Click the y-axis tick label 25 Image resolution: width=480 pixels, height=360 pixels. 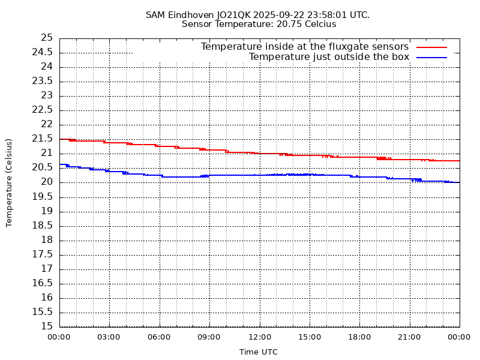click(x=47, y=38)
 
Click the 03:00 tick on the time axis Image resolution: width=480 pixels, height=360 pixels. click(x=109, y=337)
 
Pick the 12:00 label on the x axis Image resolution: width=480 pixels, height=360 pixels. click(x=259, y=337)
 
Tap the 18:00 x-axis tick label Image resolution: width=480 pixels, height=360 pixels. click(x=359, y=337)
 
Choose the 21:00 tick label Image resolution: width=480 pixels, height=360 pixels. click(x=409, y=337)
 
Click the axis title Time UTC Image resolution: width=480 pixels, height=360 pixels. click(x=259, y=352)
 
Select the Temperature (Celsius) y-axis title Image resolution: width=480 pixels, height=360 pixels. click(x=9, y=182)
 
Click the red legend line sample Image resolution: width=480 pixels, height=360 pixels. click(x=432, y=47)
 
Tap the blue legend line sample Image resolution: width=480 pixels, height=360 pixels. click(x=432, y=57)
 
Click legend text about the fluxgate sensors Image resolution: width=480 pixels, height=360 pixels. click(x=305, y=47)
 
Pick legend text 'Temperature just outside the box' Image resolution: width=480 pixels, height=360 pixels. click(x=329, y=57)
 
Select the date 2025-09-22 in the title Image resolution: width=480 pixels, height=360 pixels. click(x=274, y=15)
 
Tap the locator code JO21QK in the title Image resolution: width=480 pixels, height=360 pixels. click(x=230, y=15)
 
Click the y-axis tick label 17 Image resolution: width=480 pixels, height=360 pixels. click(x=47, y=269)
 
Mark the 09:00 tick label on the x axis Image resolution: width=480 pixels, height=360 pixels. click(x=209, y=337)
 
